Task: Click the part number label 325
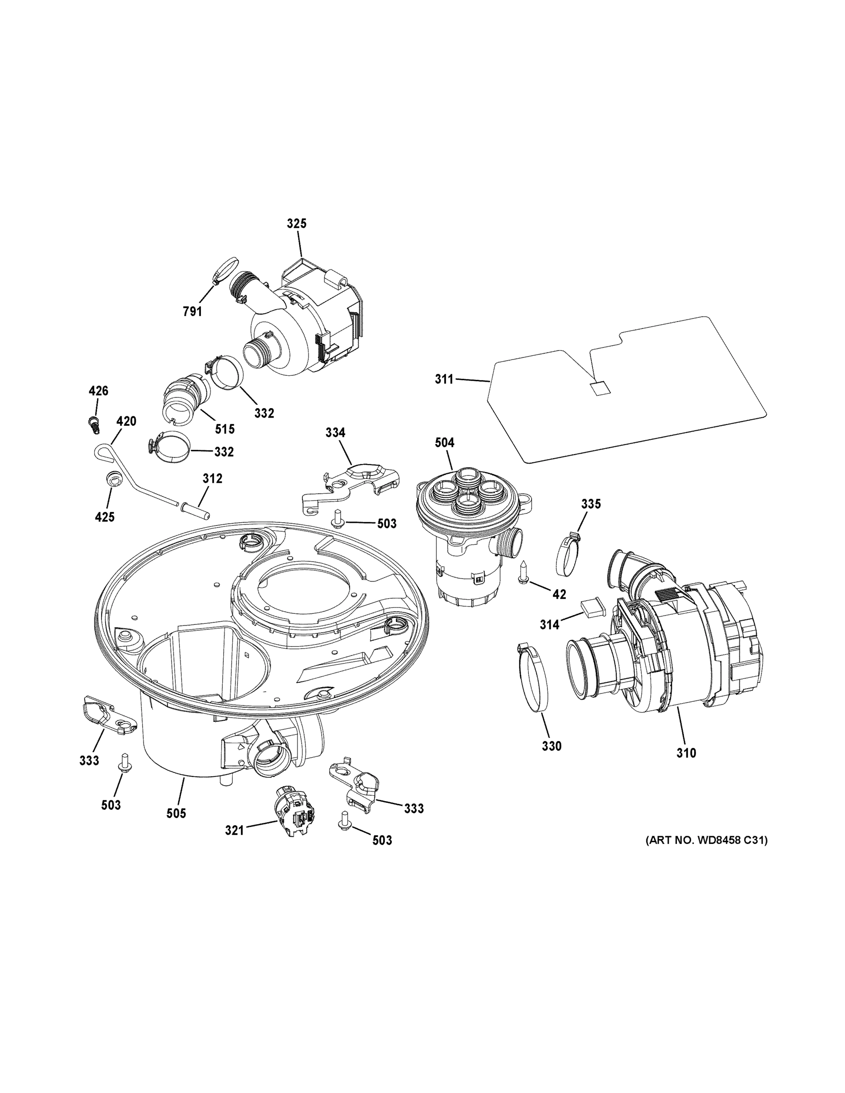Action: (x=297, y=224)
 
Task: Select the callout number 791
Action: (x=192, y=312)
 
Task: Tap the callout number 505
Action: (x=176, y=813)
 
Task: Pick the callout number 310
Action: (x=686, y=767)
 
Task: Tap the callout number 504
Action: (x=445, y=442)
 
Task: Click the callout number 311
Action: (x=444, y=379)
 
